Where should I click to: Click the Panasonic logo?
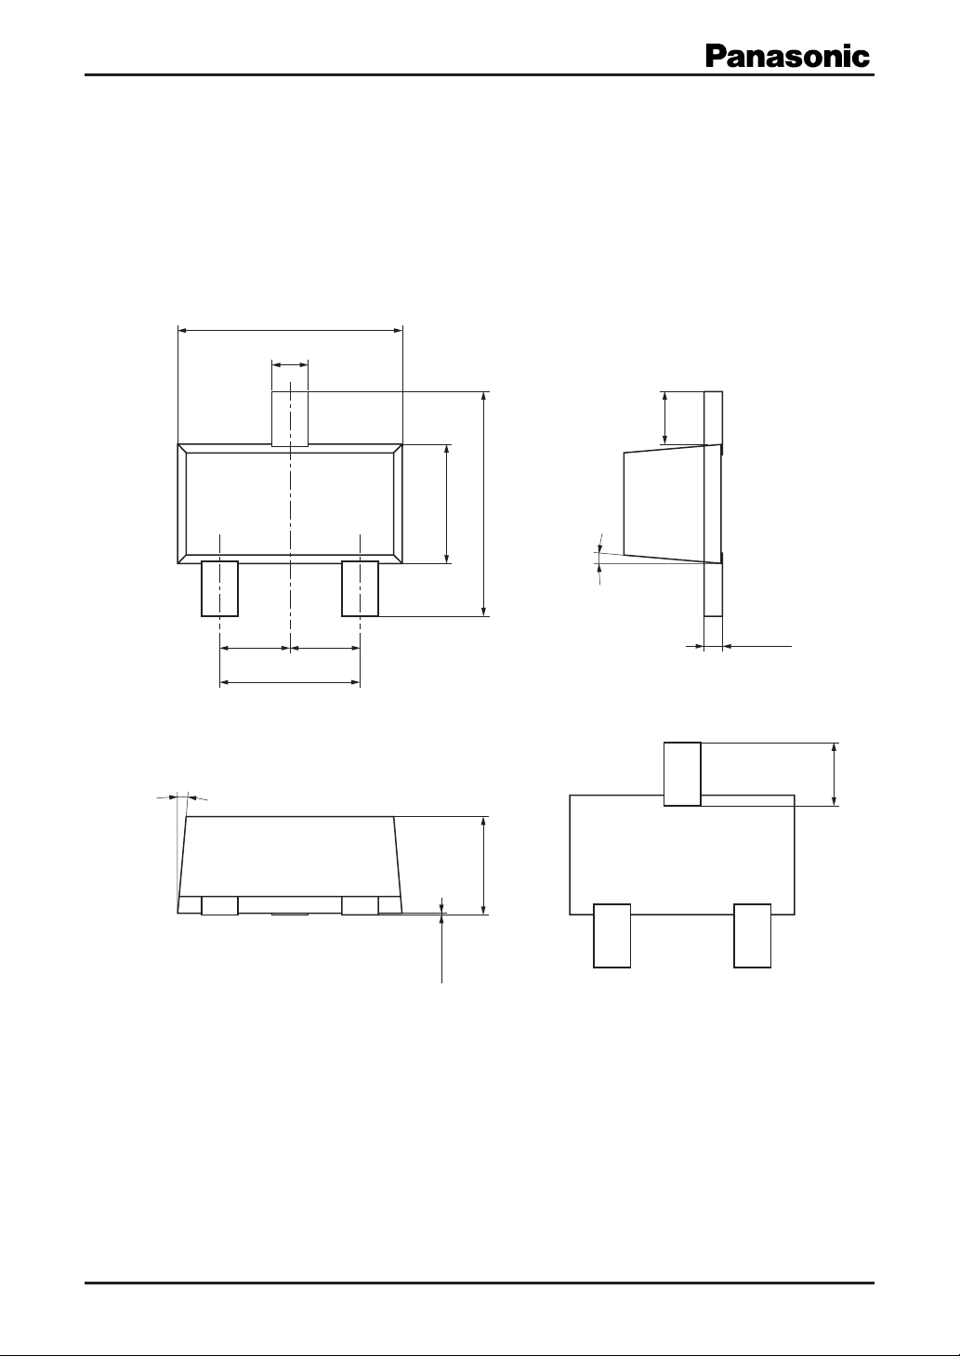point(787,57)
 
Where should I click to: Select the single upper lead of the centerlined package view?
point(290,419)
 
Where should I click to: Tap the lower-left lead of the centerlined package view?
point(219,588)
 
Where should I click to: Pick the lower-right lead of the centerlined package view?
point(361,588)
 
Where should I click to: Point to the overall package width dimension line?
point(290,330)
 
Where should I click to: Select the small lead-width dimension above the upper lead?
point(290,364)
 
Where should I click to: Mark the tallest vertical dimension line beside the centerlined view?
point(483,504)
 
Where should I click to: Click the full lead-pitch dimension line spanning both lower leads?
point(290,682)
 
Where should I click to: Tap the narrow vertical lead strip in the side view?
point(713,504)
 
